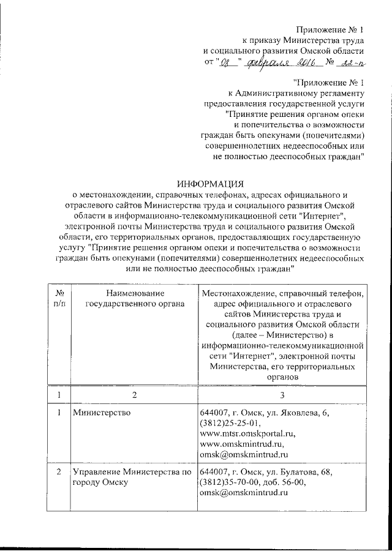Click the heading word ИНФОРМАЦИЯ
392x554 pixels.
point(210,184)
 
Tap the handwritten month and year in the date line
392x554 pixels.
point(279,62)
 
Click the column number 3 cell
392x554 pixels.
point(282,395)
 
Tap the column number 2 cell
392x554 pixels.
point(132,395)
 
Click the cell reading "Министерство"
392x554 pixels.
point(101,413)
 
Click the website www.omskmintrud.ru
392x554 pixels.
point(243,444)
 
